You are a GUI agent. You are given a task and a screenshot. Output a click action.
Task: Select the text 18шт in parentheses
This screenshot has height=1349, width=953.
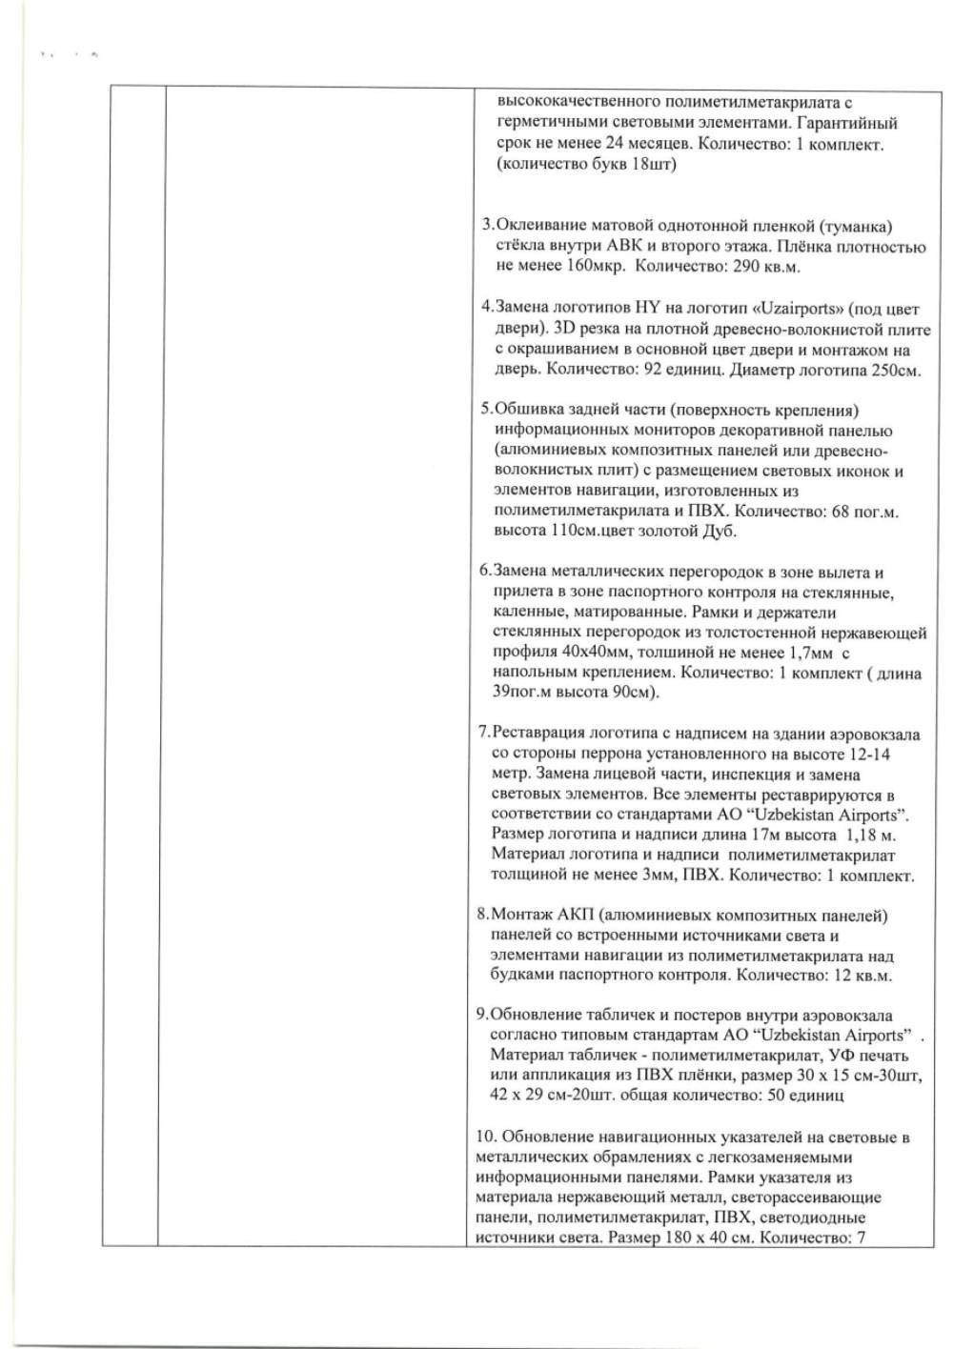click(x=654, y=165)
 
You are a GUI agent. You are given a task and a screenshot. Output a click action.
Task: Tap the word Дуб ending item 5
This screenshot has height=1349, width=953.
click(x=720, y=532)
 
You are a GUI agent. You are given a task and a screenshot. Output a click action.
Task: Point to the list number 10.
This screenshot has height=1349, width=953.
click(x=484, y=1138)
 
